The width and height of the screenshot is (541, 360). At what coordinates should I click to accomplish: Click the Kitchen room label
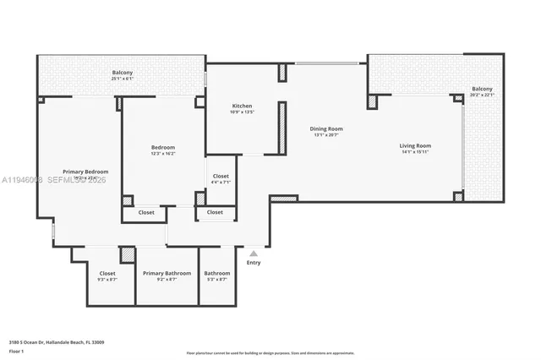point(243,106)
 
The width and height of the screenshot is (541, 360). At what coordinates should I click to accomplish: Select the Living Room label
point(415,146)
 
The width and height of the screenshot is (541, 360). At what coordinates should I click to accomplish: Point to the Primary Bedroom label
point(85,172)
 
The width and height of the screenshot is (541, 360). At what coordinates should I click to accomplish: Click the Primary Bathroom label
point(167,273)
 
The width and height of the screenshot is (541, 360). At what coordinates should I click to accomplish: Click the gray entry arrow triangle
point(254,253)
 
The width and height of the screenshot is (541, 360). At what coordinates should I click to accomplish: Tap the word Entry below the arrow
point(254,263)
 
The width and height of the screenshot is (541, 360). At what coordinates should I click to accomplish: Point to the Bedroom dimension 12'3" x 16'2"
point(162,153)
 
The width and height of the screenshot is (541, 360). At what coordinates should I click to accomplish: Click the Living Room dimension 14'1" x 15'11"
point(415,152)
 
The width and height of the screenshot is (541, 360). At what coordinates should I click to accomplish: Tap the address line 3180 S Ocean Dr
point(58,342)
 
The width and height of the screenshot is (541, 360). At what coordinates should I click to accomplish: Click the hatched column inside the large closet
point(127,254)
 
